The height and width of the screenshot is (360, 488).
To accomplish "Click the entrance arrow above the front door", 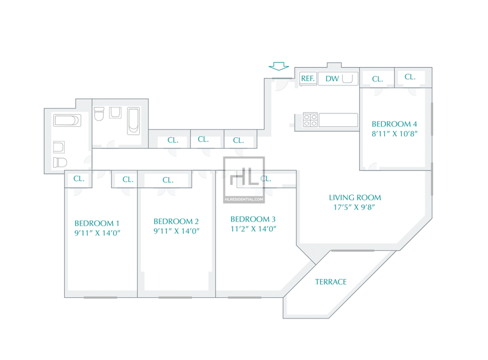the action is pyautogui.click(x=279, y=67).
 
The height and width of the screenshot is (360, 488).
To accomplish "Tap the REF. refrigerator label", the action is pyautogui.click(x=308, y=79).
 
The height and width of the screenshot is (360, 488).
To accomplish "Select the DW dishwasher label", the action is pyautogui.click(x=332, y=79).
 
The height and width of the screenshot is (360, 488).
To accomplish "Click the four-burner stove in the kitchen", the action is pyautogui.click(x=310, y=120).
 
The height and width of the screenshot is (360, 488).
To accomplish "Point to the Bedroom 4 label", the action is pyautogui.click(x=394, y=124).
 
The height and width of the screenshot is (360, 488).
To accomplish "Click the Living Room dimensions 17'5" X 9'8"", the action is pyautogui.click(x=354, y=207).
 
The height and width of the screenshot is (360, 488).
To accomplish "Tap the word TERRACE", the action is pyautogui.click(x=331, y=282).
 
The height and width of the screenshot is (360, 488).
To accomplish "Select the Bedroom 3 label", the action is pyautogui.click(x=253, y=219).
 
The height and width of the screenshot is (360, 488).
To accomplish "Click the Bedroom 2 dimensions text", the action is pyautogui.click(x=176, y=231).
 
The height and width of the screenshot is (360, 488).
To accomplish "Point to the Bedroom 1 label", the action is pyautogui.click(x=97, y=223).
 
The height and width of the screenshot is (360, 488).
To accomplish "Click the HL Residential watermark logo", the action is pyautogui.click(x=244, y=180).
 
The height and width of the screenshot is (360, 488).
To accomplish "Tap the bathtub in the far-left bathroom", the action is pyautogui.click(x=67, y=120).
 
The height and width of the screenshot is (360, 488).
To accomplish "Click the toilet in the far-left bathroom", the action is pyautogui.click(x=60, y=162).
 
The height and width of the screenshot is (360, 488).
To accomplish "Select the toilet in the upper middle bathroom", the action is pyautogui.click(x=99, y=114).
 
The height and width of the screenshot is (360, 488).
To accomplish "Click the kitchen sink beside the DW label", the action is pyautogui.click(x=347, y=79).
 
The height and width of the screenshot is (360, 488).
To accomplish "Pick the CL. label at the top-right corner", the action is pyautogui.click(x=410, y=77).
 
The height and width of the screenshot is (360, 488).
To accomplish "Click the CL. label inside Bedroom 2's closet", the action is pyautogui.click(x=168, y=180).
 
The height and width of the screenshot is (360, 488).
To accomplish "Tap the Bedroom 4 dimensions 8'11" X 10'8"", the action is pyautogui.click(x=394, y=134).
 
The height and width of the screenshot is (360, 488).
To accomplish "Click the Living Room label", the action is pyautogui.click(x=355, y=198).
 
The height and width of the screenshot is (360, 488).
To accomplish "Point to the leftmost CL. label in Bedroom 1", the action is pyautogui.click(x=79, y=179).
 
